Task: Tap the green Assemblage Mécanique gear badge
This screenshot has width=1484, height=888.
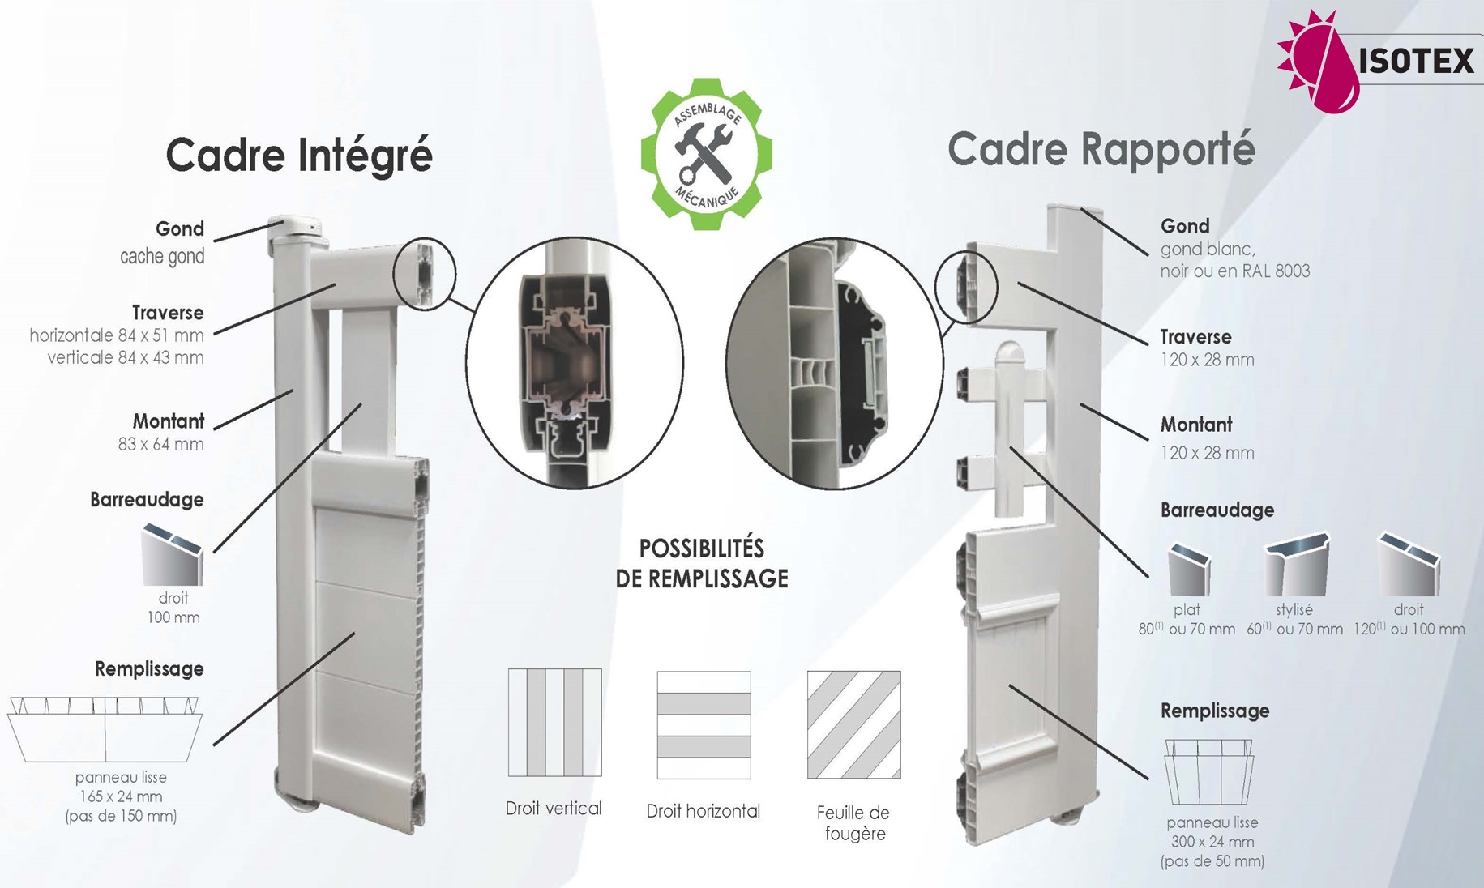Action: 706,153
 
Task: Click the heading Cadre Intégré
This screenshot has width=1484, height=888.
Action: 299,156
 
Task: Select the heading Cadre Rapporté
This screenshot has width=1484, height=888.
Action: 1101,150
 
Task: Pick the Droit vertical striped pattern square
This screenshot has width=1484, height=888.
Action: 554,722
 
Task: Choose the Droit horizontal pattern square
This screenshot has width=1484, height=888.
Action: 704,724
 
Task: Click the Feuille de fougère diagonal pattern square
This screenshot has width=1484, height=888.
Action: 853,724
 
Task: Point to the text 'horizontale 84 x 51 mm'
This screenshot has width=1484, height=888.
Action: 117,335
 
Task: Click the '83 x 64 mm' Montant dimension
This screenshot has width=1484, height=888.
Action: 160,444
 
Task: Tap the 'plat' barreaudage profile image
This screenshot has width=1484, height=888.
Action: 1188,570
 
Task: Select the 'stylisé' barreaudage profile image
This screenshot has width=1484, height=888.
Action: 1297,566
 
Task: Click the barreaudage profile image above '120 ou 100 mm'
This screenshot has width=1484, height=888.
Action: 1409,566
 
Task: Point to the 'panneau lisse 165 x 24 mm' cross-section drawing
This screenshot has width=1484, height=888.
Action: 105,728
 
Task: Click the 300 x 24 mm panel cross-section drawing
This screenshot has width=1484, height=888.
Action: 1209,771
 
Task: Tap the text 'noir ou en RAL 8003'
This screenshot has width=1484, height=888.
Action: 1234,271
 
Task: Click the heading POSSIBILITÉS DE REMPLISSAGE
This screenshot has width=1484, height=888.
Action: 702,564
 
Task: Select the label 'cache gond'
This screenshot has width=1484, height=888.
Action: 162,257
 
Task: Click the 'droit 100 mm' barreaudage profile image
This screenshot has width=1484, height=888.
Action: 172,555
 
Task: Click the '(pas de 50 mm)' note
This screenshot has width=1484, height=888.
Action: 1212,861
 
